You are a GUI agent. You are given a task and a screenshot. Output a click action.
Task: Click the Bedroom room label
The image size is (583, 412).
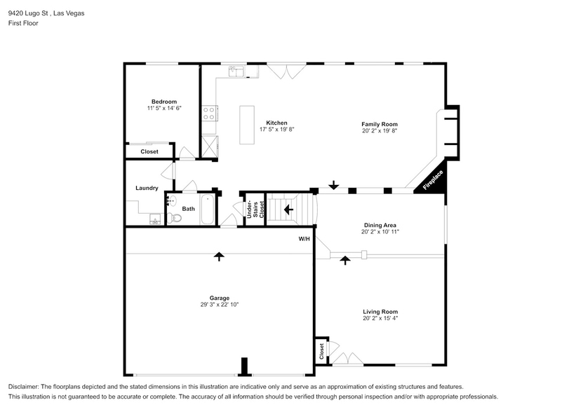[x=163, y=102]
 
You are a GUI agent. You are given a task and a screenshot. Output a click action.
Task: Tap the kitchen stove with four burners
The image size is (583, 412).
[x=209, y=114]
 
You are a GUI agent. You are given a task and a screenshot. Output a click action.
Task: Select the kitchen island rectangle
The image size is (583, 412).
[x=247, y=125]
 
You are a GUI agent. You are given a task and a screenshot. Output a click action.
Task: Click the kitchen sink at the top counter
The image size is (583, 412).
[x=236, y=71]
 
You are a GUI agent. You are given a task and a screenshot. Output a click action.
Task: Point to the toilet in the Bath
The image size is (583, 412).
[x=175, y=218]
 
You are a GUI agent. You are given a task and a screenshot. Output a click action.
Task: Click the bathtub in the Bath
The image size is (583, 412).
[x=208, y=210]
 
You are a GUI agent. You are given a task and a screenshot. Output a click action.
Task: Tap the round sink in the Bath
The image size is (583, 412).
[x=170, y=200]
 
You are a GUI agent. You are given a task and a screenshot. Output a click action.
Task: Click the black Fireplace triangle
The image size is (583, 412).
[x=431, y=181]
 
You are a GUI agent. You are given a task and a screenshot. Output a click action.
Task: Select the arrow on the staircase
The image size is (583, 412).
[x=288, y=209]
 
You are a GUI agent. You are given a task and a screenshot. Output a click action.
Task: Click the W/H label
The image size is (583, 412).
[x=304, y=239]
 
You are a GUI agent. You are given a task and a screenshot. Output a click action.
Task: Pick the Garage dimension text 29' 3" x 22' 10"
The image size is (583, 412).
[x=220, y=305]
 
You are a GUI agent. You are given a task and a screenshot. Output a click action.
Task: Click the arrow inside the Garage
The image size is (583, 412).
[x=219, y=256]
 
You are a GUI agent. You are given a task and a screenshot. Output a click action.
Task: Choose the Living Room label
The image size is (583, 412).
[x=380, y=312]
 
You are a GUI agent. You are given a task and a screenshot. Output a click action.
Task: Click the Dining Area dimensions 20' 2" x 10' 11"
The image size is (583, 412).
[x=380, y=232]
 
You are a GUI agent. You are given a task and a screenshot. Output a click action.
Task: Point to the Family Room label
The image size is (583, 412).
[x=380, y=123]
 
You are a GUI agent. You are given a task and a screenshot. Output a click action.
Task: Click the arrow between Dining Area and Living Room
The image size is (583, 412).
[x=344, y=260]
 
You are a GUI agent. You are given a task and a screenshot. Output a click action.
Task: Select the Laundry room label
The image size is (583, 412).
[x=147, y=188]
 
